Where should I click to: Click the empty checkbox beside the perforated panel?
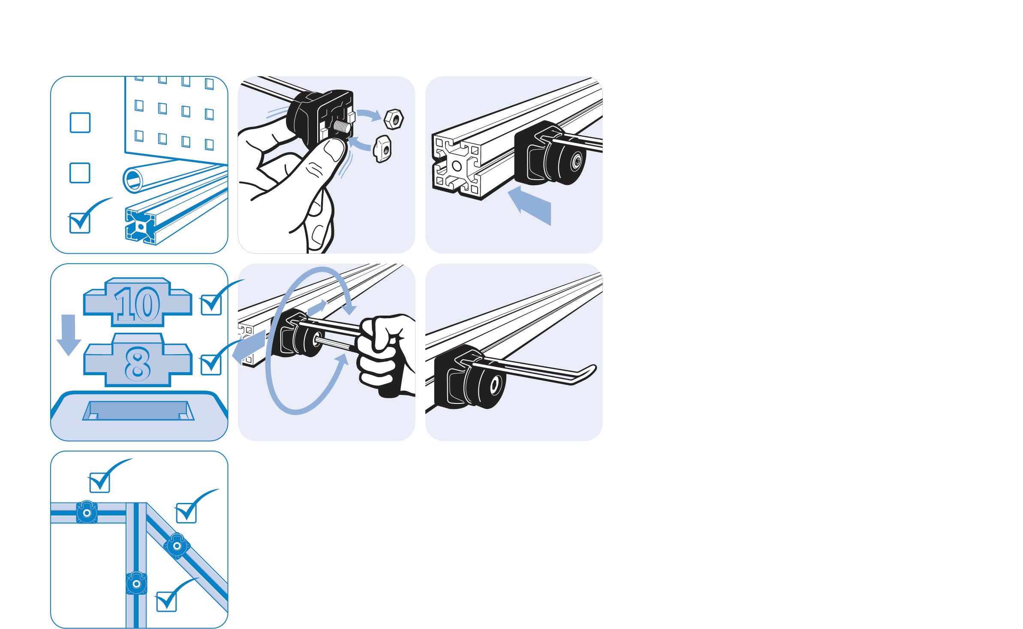pos(80,123)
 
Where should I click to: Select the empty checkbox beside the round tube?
pos(80,173)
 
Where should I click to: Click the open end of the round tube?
pos(134,180)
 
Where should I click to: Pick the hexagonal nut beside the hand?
pos(394,119)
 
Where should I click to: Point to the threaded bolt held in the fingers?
pos(342,126)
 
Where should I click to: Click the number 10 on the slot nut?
pos(137,304)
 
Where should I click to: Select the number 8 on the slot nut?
pos(138,364)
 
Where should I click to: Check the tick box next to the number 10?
pos(211,305)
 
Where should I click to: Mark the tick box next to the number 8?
pos(211,364)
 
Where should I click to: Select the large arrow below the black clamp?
pos(530,205)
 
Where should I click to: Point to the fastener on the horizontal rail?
pos(87,512)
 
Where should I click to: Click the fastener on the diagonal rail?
pos(177,546)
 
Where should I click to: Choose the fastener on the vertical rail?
pos(137,584)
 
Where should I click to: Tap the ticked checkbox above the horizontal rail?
pos(100,482)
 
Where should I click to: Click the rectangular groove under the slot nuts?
pos(138,411)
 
